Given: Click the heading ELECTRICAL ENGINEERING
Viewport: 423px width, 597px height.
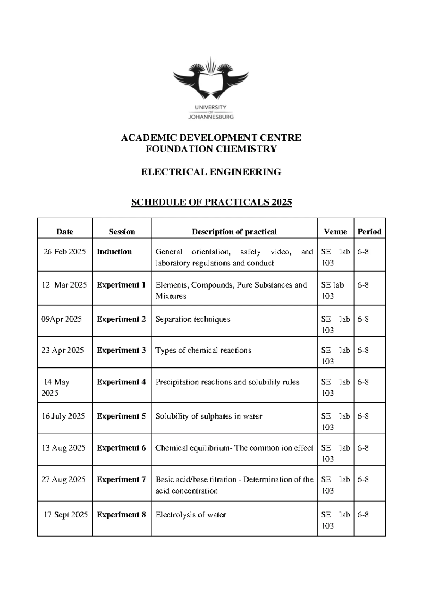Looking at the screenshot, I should coord(211,172).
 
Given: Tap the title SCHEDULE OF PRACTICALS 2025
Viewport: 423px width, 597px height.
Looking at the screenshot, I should coord(211,202).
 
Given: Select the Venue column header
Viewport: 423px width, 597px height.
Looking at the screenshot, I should coord(335,232).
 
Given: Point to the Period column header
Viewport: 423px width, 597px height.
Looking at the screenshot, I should coord(369,232).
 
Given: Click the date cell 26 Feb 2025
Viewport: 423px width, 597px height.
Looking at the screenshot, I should coord(65,252).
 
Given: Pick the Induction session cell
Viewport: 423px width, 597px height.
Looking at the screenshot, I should coord(114,252).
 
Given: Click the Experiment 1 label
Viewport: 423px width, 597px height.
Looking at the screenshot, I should coord(121,285).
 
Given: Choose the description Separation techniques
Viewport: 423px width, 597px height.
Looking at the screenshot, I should coord(193,319).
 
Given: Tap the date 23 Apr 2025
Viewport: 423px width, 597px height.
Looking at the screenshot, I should coord(63,350).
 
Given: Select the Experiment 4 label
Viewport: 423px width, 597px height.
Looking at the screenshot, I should coord(121,382).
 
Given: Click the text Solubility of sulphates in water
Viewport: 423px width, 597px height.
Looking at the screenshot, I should coord(209,416).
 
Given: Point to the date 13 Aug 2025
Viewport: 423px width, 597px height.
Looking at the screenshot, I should coord(63,448).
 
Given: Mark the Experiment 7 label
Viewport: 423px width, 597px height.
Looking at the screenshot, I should coord(121,479).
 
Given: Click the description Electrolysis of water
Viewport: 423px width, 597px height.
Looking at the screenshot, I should coord(191,515).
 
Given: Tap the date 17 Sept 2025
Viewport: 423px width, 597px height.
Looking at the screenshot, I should coord(66,515).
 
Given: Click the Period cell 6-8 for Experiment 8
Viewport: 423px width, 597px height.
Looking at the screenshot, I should coord(363,515).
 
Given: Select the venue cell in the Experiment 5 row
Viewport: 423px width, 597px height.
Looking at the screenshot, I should coord(335,421).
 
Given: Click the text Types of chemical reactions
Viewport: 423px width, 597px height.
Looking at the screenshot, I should coord(203,350).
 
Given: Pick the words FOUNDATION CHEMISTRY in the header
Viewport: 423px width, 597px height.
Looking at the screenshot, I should coord(211,149).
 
